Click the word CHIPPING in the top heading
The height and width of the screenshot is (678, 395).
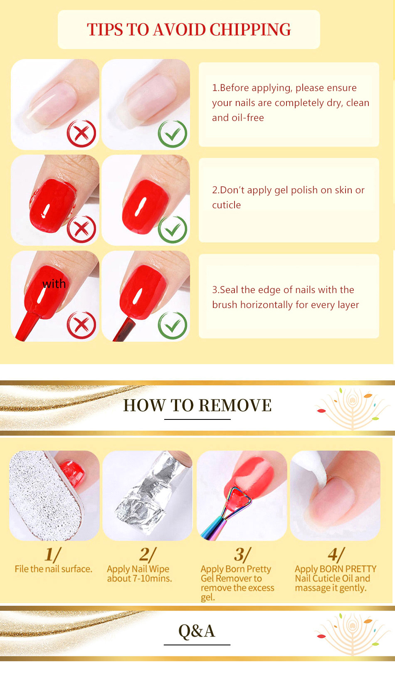point(250,30)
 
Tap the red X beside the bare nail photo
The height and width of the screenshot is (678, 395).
point(81,133)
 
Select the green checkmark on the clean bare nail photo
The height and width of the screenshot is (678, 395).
point(172,133)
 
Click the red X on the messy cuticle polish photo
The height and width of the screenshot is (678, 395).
point(81,229)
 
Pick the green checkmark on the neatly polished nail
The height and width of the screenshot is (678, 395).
point(172,229)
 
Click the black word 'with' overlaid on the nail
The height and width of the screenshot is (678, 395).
point(54,284)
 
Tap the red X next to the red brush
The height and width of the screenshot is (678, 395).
point(81,325)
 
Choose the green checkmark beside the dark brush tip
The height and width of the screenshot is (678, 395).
point(172,325)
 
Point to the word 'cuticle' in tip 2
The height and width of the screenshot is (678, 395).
point(227,205)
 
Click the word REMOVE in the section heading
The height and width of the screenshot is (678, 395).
point(235,405)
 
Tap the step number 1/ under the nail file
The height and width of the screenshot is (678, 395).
point(53,555)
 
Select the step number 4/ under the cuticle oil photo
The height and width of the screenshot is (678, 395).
point(336,555)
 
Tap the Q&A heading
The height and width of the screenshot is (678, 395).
point(197,631)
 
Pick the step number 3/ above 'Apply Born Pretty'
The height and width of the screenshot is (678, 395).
point(242,555)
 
